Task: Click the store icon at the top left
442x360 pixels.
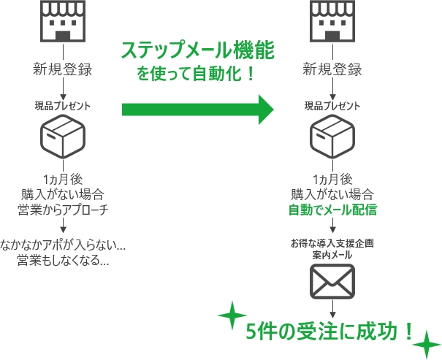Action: [63, 21]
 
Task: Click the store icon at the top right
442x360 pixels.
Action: [333, 21]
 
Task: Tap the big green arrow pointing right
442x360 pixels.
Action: [197, 110]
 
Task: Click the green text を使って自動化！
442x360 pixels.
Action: [198, 74]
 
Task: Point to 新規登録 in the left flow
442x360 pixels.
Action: [63, 71]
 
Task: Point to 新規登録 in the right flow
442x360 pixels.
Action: [333, 71]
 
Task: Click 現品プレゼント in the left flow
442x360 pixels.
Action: [63, 106]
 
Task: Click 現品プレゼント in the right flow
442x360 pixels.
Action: [333, 106]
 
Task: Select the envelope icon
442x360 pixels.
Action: [333, 279]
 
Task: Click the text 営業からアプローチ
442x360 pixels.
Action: [63, 210]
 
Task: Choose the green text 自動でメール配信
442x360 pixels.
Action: [333, 210]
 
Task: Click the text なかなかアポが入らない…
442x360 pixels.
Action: [64, 243]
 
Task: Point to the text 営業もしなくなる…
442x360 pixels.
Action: [64, 260]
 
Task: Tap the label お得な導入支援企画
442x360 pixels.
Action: [333, 242]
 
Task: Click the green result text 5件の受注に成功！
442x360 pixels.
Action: [331, 332]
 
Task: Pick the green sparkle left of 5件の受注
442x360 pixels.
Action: [232, 315]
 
